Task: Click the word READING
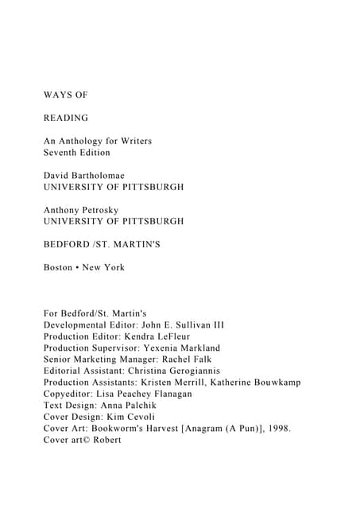coord(66,119)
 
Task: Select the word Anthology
coord(83,141)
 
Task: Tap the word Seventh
coord(60,152)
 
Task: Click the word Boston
coord(60,267)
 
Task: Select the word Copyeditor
coord(68,393)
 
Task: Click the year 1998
coord(279,428)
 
